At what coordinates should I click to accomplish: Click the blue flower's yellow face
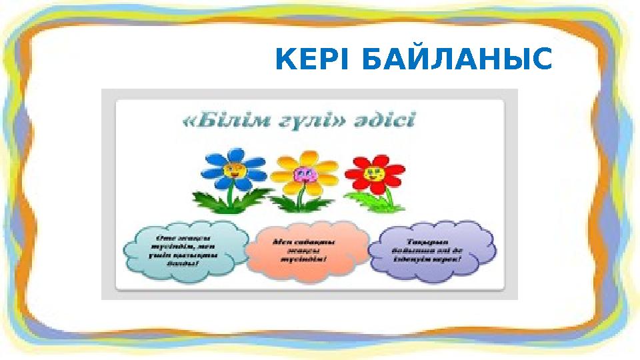point(233,169)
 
